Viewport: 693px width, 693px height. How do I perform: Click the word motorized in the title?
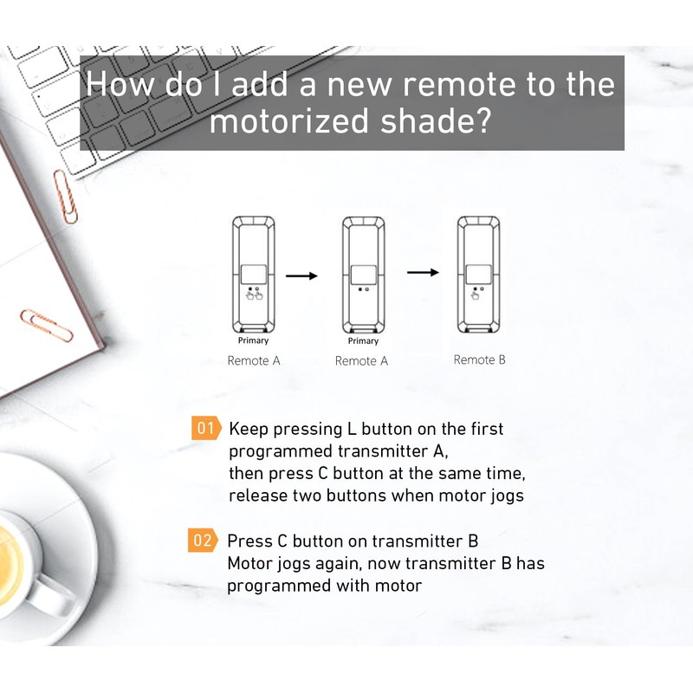coord(285,122)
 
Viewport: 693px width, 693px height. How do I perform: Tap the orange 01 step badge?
coord(205,428)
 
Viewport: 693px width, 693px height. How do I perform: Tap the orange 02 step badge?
coord(201,541)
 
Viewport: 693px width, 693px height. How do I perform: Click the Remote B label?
coord(479,359)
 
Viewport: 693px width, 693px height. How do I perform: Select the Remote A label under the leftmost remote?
coord(254,360)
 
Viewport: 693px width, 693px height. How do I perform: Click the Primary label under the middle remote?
coord(363,340)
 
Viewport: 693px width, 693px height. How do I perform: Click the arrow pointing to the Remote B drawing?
coord(423,272)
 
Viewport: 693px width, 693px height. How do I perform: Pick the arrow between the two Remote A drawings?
coord(301,276)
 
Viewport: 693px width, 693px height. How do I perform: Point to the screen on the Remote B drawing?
coord(477,273)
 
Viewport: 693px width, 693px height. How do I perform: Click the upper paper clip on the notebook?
coord(65,196)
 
